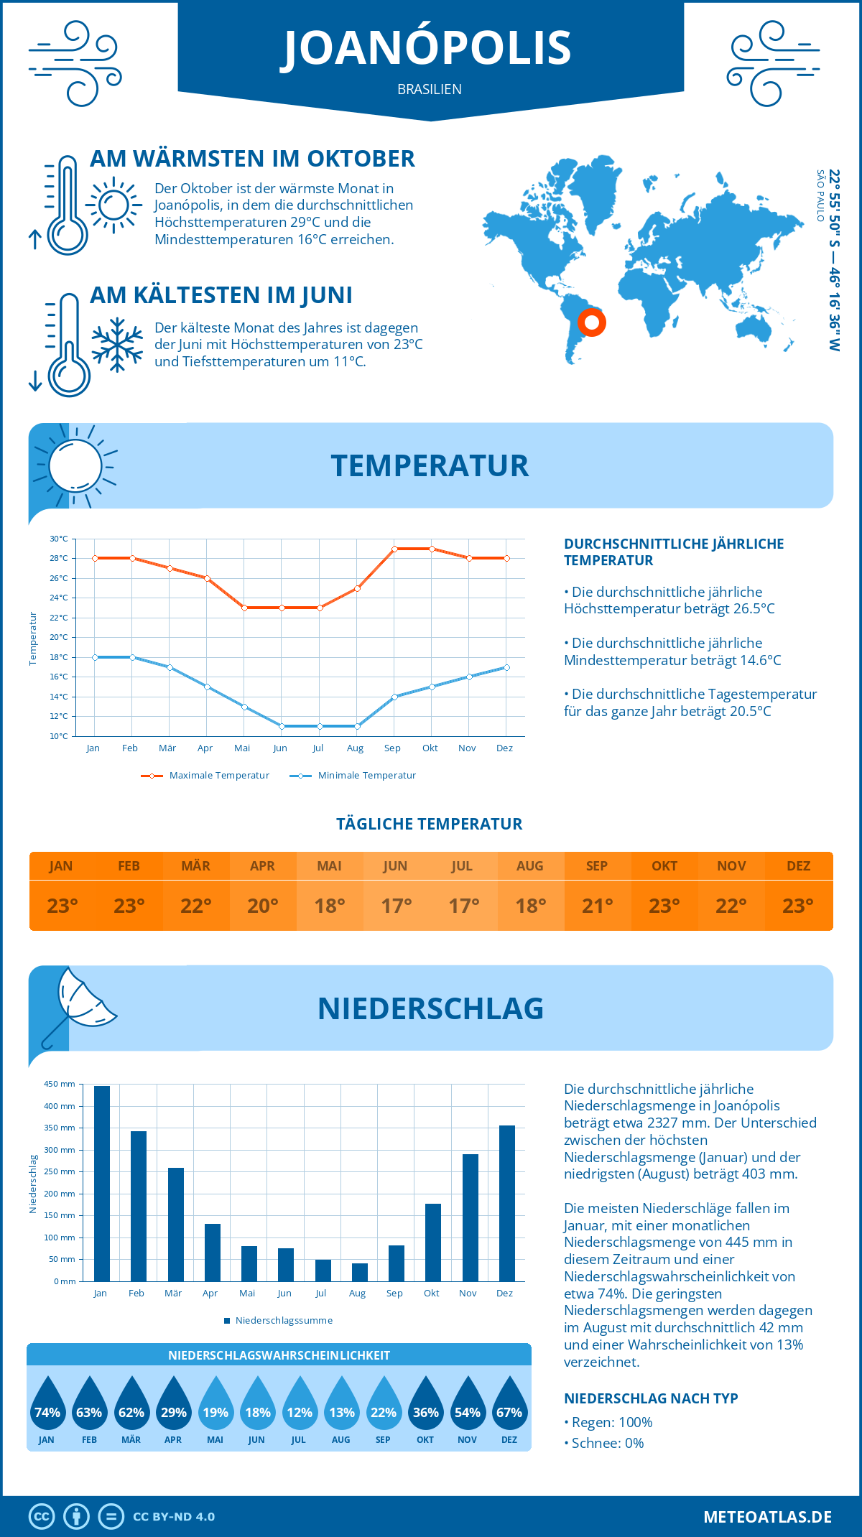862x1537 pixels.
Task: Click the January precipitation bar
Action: [x=102, y=1184]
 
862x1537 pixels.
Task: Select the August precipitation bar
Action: [x=360, y=1272]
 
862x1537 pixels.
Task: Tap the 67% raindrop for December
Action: [x=509, y=1404]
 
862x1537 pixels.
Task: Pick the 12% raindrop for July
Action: [x=300, y=1404]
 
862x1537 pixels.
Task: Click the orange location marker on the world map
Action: [x=592, y=322]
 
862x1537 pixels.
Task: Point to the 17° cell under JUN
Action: [x=396, y=906]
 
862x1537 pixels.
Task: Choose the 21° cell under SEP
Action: [x=597, y=906]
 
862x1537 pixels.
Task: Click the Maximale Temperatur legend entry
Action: [x=205, y=776]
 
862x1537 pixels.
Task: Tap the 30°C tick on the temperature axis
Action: [x=59, y=539]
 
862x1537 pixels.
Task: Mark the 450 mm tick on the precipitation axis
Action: [x=60, y=1085]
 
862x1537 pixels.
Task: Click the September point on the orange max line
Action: [x=394, y=549]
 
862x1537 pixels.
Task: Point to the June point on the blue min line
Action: [x=282, y=726]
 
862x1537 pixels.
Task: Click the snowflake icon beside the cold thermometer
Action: [x=117, y=345]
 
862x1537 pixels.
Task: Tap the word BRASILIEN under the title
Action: [x=430, y=90]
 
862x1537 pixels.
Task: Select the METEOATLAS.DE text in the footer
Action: [x=767, y=1517]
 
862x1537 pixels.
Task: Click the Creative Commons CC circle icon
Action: [x=42, y=1517]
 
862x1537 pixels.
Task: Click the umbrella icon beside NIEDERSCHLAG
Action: [x=79, y=1006]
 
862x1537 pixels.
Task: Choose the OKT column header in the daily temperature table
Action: [x=664, y=866]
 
